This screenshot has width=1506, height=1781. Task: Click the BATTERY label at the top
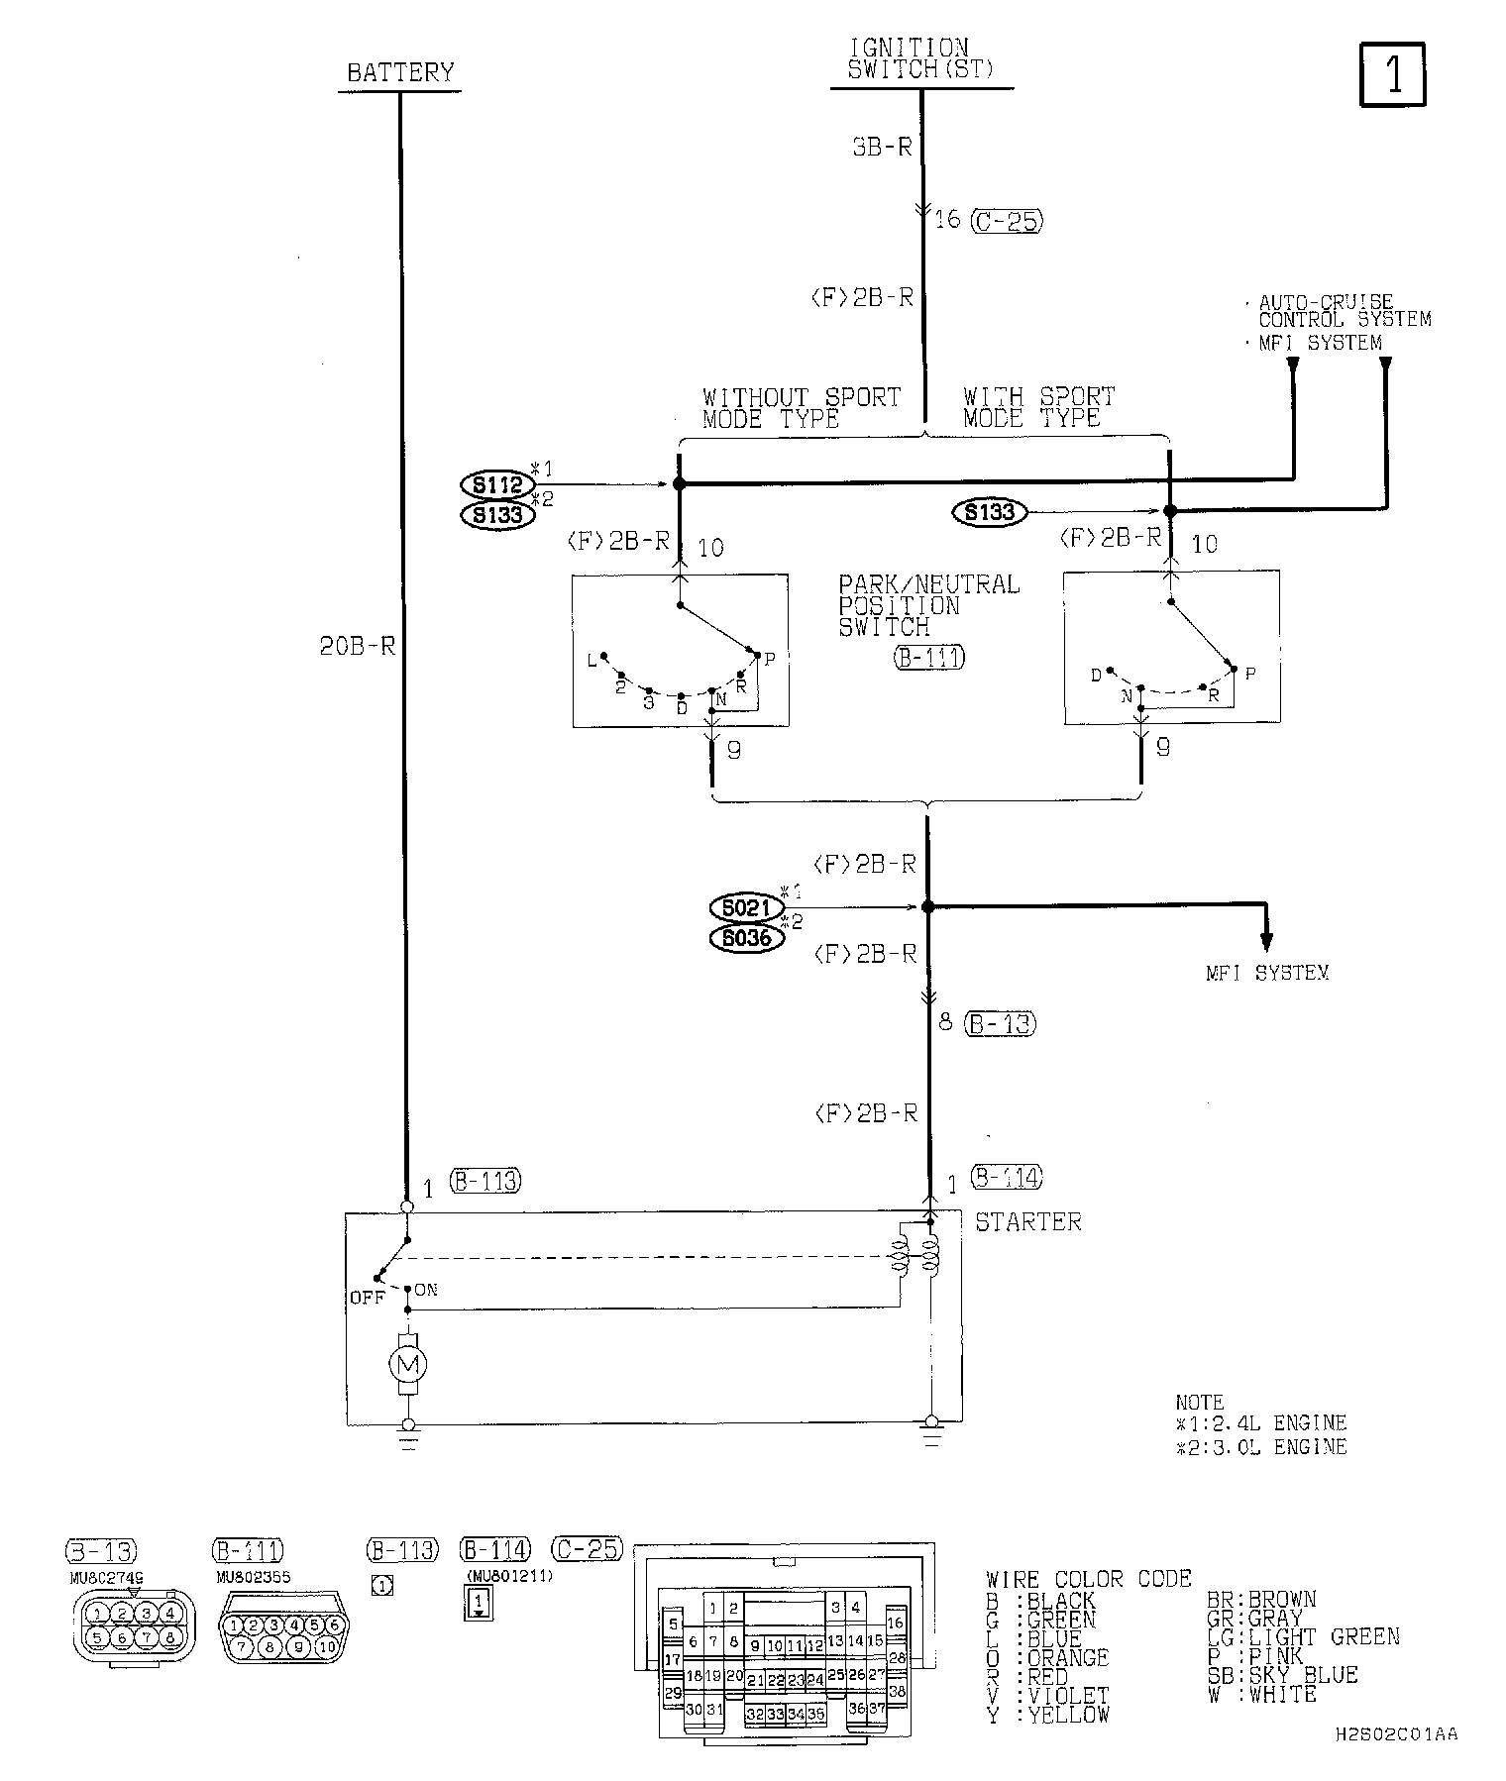point(400,72)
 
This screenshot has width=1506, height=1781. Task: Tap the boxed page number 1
point(1393,73)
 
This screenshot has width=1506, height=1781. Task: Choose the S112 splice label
point(497,484)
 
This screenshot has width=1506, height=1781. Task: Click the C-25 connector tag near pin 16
point(1006,220)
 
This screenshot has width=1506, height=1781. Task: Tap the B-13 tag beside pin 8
point(1000,1023)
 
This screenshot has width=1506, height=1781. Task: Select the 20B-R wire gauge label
point(358,647)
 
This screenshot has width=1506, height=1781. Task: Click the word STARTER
point(1028,1222)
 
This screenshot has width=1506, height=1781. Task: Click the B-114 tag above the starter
point(1007,1177)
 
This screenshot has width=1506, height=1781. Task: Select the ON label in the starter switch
point(426,1290)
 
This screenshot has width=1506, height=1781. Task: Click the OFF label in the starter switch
point(367,1297)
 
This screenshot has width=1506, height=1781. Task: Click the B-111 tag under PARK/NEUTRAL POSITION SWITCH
point(929,657)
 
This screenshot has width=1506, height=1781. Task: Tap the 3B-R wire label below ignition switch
point(881,148)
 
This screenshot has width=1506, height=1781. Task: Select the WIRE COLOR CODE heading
point(1089,1579)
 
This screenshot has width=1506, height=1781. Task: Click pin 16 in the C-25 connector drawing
point(896,1623)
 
